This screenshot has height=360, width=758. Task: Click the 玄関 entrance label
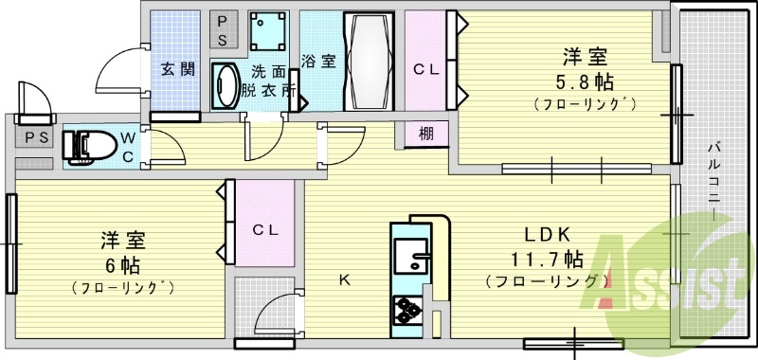(x=177, y=69)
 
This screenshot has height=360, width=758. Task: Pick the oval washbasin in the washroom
(x=226, y=87)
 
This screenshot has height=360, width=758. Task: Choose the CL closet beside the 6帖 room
(x=263, y=229)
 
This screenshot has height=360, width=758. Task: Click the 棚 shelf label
(x=426, y=134)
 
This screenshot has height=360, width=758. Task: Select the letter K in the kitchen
(x=346, y=279)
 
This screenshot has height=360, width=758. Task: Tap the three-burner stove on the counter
(x=408, y=311)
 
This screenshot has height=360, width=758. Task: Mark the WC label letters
(x=127, y=147)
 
